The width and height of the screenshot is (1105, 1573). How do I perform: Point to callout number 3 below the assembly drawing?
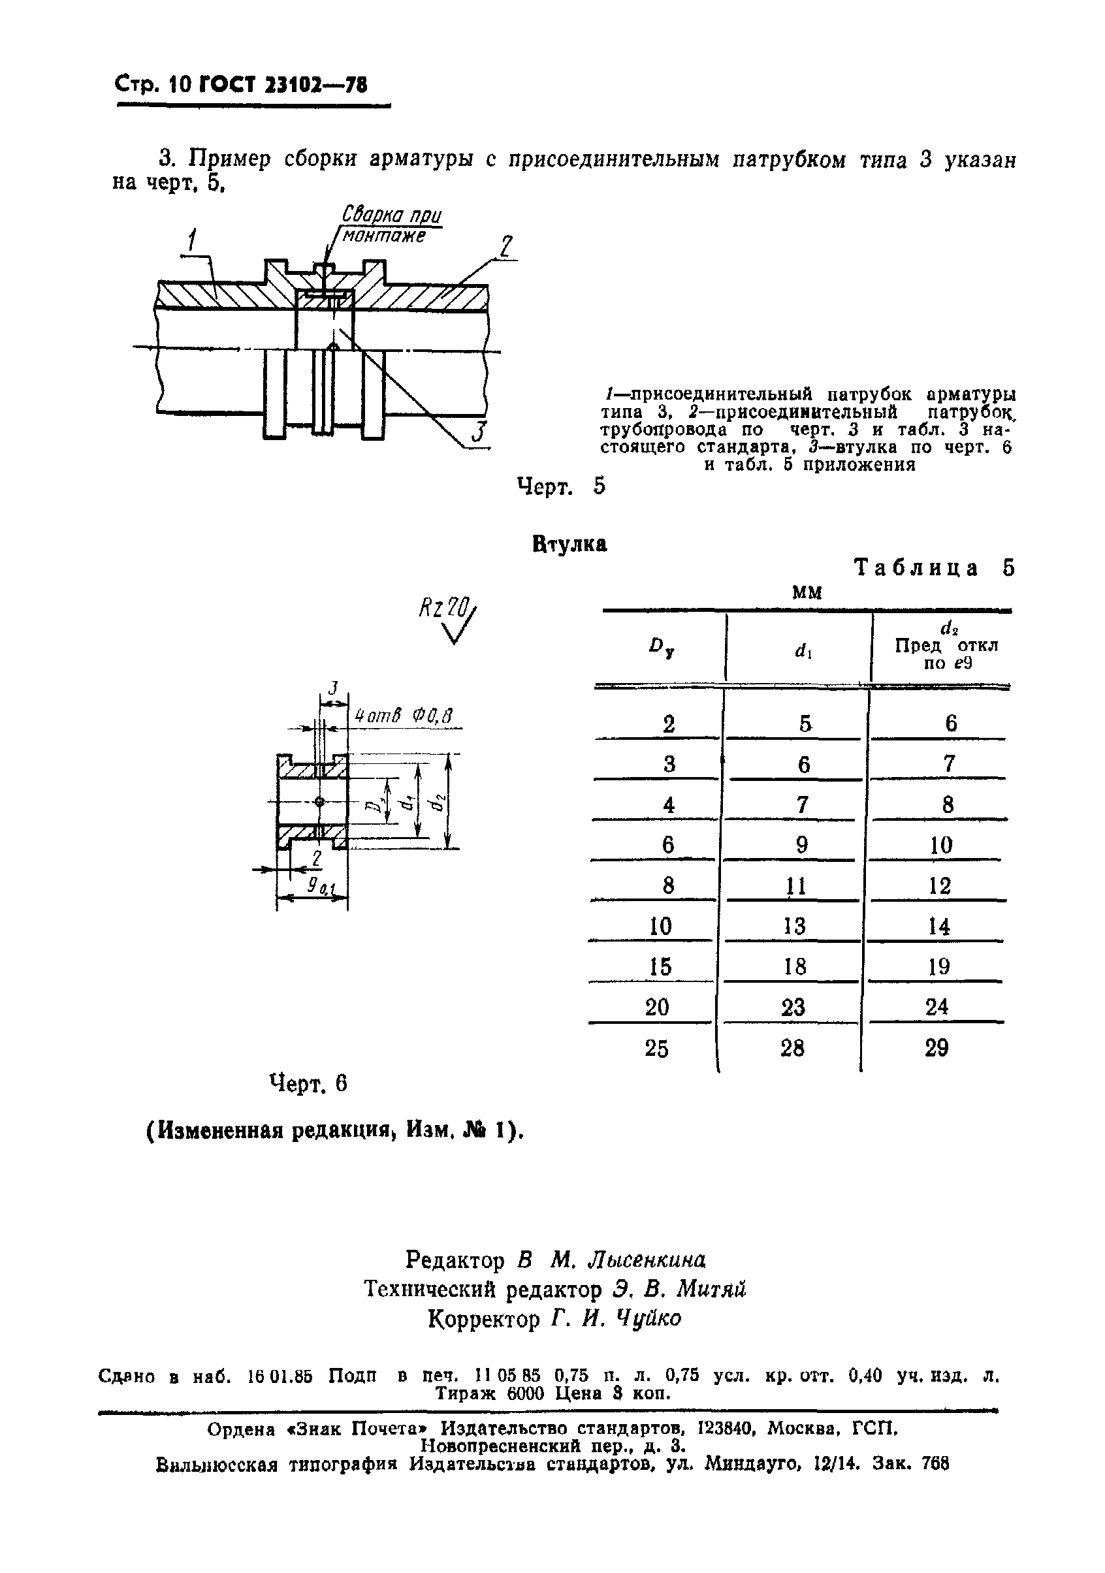(x=479, y=434)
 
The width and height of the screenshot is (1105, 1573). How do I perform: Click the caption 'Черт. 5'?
(x=561, y=486)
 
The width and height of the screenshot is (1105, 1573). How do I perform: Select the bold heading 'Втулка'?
(x=569, y=544)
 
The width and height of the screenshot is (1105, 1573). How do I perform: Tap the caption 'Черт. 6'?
(x=308, y=1084)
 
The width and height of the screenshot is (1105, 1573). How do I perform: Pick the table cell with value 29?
(x=936, y=1048)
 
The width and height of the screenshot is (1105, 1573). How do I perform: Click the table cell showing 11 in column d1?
(x=795, y=887)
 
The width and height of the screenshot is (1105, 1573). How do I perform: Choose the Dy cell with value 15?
(x=660, y=967)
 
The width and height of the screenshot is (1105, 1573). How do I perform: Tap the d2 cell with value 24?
(x=937, y=1007)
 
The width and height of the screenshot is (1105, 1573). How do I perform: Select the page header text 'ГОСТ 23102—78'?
(x=282, y=85)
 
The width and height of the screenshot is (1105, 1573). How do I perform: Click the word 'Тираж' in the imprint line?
(x=466, y=1393)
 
